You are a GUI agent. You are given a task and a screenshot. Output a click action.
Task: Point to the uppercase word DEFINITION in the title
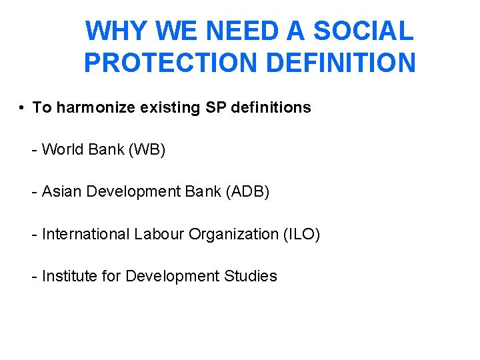tap(341, 63)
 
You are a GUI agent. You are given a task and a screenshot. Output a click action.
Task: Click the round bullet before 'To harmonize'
tap(22, 107)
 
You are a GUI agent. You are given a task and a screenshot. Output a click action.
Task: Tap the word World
tap(62, 149)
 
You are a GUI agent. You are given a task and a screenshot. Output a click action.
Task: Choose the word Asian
tap(62, 192)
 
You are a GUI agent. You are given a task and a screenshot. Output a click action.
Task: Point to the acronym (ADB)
tap(248, 192)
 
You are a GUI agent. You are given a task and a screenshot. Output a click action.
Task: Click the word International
tap(86, 234)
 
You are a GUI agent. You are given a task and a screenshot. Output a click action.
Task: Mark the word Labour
tap(159, 234)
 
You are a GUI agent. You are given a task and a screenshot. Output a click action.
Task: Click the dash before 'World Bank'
tap(34, 150)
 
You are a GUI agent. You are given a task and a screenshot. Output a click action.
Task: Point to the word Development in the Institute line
tap(170, 276)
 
